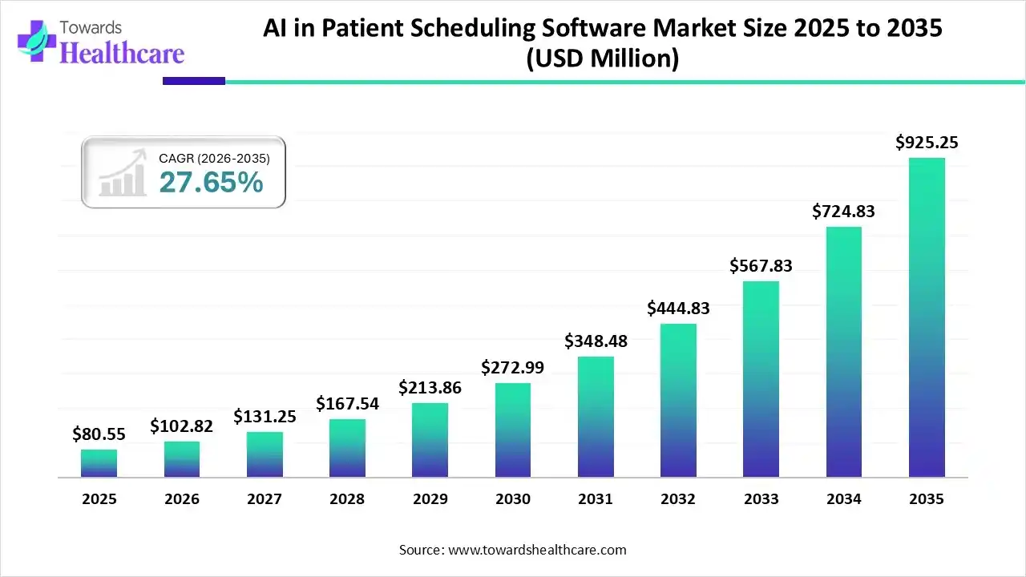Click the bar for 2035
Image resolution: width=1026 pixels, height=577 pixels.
(x=927, y=317)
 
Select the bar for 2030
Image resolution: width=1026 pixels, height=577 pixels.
(x=513, y=430)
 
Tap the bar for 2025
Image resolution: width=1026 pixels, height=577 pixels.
(x=99, y=463)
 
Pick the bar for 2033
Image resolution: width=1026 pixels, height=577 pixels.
(x=761, y=379)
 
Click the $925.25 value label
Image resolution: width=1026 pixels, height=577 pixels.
(x=927, y=143)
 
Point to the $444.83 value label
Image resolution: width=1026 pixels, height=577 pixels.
(x=678, y=309)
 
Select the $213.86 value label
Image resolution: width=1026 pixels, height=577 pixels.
(x=430, y=388)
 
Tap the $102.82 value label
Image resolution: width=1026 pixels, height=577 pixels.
(x=182, y=426)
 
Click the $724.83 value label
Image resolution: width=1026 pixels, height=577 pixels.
(x=843, y=212)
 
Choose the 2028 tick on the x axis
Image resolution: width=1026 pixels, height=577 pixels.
(x=347, y=499)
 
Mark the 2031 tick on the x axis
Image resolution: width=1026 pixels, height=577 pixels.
(x=596, y=499)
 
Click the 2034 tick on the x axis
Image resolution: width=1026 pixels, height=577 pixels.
(x=843, y=499)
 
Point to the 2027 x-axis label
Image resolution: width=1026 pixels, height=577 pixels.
(x=265, y=499)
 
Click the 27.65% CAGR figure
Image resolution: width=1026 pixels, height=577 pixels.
(x=211, y=183)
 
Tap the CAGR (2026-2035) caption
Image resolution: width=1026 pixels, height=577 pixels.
(x=214, y=159)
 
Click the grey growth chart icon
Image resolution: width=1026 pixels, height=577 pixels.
(x=122, y=173)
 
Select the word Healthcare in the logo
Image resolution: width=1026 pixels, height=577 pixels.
(x=122, y=54)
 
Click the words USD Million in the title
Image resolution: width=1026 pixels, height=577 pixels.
(x=602, y=59)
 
